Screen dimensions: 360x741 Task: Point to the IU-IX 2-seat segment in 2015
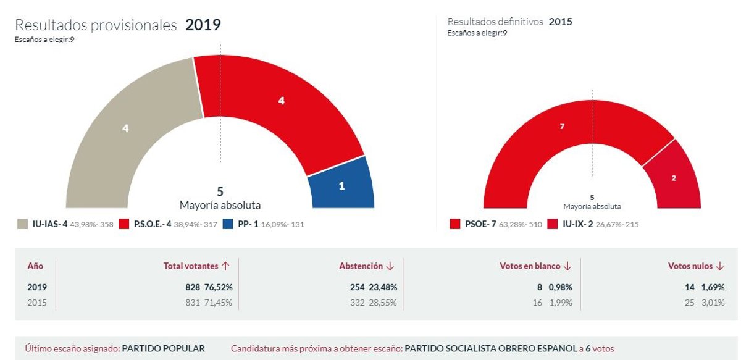(x=673, y=176)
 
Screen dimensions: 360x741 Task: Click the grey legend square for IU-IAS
(x=22, y=224)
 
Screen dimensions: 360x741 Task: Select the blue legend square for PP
(x=228, y=224)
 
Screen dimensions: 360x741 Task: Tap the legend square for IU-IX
(x=553, y=224)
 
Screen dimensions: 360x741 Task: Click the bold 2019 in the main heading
(x=203, y=25)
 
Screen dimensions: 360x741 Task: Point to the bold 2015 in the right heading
(x=561, y=22)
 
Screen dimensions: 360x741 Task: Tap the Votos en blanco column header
(x=530, y=266)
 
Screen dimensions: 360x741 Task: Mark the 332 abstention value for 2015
(x=358, y=303)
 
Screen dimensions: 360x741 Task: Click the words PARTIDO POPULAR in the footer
(x=164, y=348)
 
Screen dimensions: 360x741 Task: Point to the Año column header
(x=35, y=266)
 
